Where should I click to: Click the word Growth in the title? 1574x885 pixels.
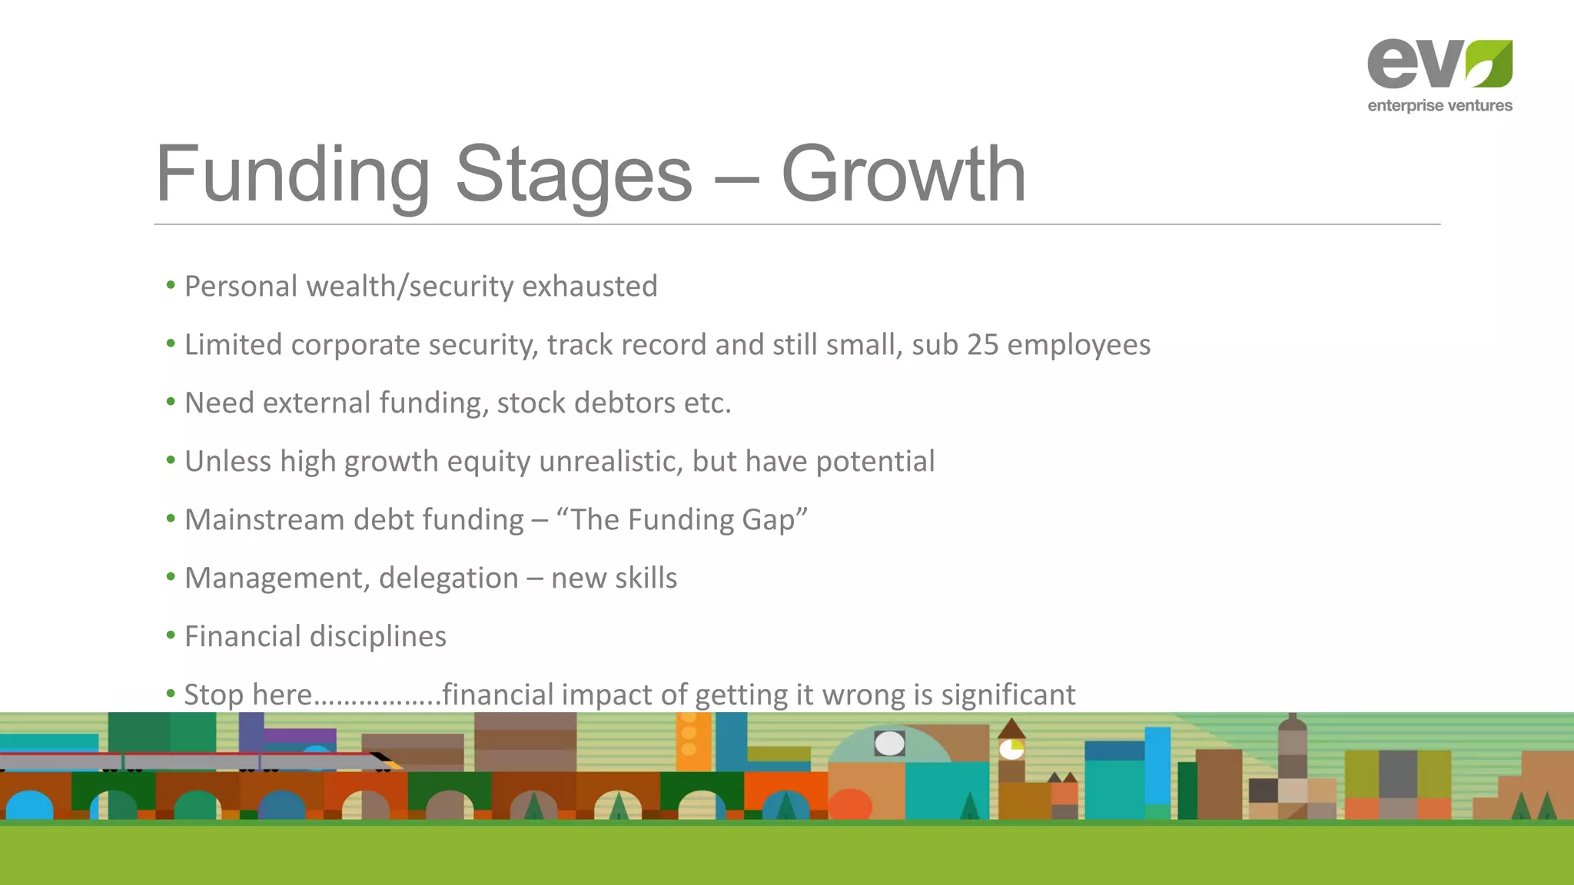pyautogui.click(x=903, y=175)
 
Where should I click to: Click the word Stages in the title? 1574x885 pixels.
pyautogui.click(x=573, y=175)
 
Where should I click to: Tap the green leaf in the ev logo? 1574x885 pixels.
pyautogui.click(x=1489, y=65)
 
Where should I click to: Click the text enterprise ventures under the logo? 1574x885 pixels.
pyautogui.click(x=1440, y=106)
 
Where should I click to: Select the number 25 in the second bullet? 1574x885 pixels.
pyautogui.click(x=982, y=345)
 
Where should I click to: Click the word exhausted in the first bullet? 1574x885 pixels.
pyautogui.click(x=589, y=287)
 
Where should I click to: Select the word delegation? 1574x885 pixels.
pyautogui.click(x=448, y=578)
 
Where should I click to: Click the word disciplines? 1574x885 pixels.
pyautogui.click(x=377, y=637)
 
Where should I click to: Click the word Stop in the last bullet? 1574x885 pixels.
pyautogui.click(x=214, y=695)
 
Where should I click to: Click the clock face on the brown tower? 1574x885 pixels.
pyautogui.click(x=1011, y=749)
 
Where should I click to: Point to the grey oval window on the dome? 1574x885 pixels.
pyautogui.click(x=889, y=743)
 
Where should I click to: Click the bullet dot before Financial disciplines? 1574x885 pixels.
pyautogui.click(x=171, y=635)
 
